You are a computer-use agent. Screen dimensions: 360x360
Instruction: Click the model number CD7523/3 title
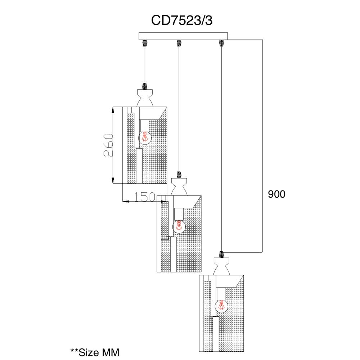click(x=181, y=21)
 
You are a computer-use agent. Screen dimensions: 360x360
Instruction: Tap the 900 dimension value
click(x=276, y=194)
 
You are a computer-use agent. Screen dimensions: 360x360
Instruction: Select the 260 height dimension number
click(x=108, y=145)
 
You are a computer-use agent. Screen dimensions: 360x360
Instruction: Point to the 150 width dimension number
click(x=144, y=197)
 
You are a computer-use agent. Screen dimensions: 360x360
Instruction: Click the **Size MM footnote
click(x=95, y=352)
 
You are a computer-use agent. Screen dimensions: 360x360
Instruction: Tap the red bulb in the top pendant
click(x=145, y=137)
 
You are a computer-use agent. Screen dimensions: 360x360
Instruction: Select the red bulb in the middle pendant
click(x=179, y=226)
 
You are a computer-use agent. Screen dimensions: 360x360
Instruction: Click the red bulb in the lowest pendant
click(x=221, y=305)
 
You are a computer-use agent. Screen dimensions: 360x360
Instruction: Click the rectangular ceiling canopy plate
click(x=183, y=36)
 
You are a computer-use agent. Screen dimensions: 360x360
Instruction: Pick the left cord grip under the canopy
click(x=145, y=43)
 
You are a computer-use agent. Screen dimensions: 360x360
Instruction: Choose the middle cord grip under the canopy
click(x=179, y=43)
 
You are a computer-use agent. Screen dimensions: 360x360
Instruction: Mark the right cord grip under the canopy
click(x=221, y=43)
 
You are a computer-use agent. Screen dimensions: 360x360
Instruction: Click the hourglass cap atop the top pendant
click(x=145, y=98)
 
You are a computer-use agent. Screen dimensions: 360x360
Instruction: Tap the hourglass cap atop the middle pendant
click(x=179, y=187)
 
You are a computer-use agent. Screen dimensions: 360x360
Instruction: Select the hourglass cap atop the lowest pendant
click(x=221, y=266)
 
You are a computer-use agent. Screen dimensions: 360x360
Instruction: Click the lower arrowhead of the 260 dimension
click(x=113, y=180)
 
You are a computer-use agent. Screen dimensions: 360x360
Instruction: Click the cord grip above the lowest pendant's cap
click(x=221, y=255)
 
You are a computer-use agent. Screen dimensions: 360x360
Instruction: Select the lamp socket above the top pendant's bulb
click(x=145, y=126)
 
